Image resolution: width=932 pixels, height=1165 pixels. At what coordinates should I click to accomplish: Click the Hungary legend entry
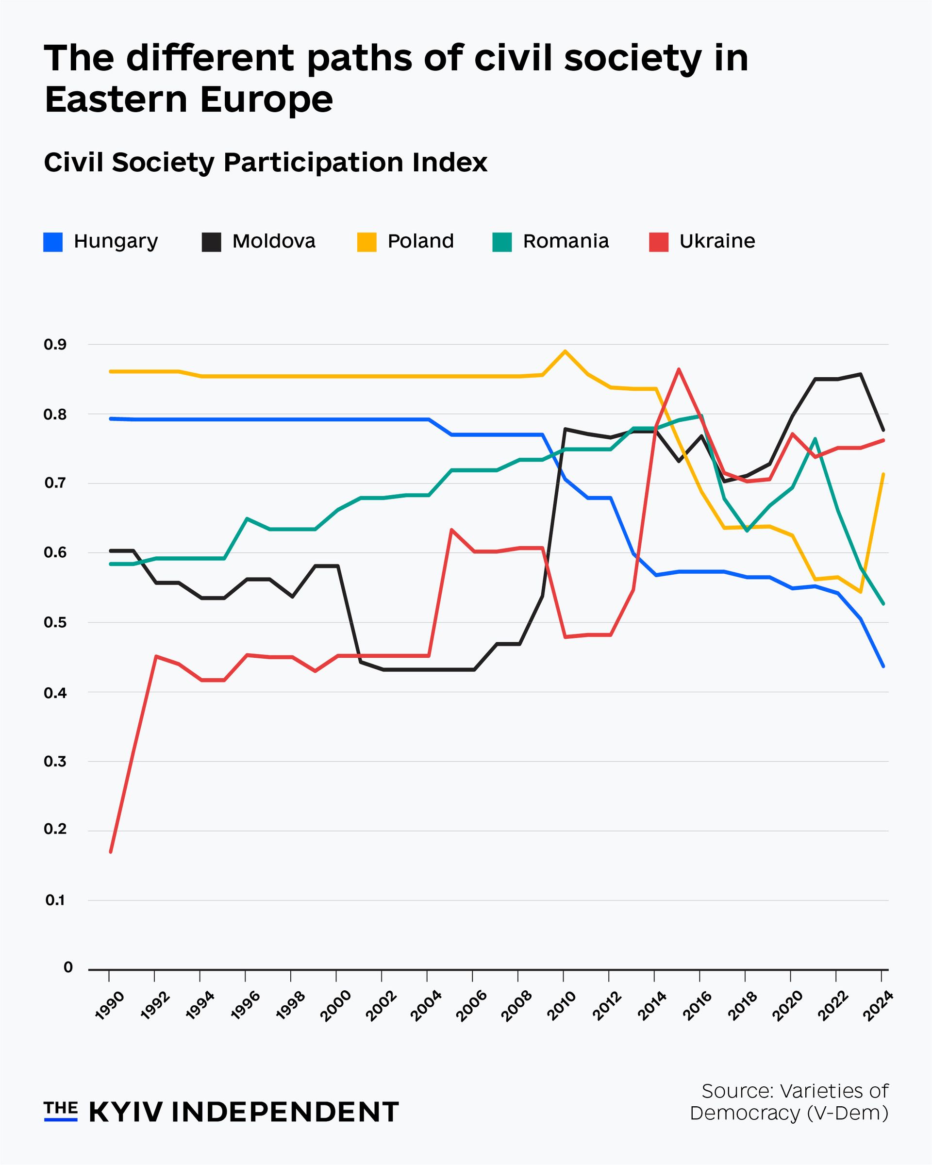click(101, 242)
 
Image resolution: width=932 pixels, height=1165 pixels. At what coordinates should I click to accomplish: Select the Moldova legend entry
click(259, 242)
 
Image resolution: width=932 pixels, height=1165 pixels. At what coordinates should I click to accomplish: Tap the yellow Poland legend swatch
click(367, 242)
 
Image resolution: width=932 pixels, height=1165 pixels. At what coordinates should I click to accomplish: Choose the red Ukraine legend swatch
click(659, 242)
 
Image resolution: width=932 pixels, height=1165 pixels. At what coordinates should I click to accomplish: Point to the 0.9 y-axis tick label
click(55, 344)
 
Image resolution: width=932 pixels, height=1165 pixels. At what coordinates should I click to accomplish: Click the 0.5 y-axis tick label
click(55, 622)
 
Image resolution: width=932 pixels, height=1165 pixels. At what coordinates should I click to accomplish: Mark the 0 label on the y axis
click(68, 967)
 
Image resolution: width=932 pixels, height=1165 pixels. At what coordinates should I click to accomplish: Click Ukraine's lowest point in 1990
click(111, 852)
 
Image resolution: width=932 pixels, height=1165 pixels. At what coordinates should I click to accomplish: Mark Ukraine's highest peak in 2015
click(679, 369)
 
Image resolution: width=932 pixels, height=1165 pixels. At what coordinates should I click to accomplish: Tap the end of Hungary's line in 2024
click(883, 666)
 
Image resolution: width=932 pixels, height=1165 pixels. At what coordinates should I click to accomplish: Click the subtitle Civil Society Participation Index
click(266, 162)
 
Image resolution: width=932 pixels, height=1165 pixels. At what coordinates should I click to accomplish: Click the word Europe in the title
click(266, 100)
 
